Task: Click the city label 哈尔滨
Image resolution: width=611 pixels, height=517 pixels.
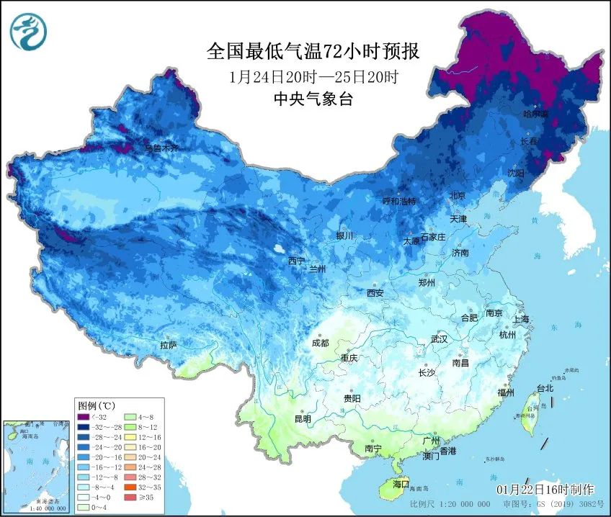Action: (x=535, y=114)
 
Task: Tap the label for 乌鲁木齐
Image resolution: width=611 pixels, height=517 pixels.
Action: (x=161, y=148)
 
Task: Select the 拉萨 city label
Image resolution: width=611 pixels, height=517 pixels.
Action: (x=169, y=346)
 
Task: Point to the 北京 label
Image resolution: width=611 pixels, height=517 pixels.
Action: (x=458, y=195)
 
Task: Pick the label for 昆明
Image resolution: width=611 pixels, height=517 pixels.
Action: (x=303, y=419)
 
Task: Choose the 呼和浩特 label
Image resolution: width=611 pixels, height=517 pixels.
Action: (x=400, y=202)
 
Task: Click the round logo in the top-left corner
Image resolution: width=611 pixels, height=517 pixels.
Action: (x=28, y=30)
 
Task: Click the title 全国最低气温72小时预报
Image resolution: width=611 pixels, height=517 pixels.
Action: (x=313, y=51)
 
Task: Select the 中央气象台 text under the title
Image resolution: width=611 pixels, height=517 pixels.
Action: (x=313, y=99)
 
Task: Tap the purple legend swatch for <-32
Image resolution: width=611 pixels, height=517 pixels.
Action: (x=85, y=417)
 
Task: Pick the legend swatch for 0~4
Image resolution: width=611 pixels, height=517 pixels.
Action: (x=85, y=507)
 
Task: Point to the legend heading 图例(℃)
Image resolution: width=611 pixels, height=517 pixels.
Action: (x=93, y=405)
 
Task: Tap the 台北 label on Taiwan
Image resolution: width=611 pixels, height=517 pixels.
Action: (x=545, y=388)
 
